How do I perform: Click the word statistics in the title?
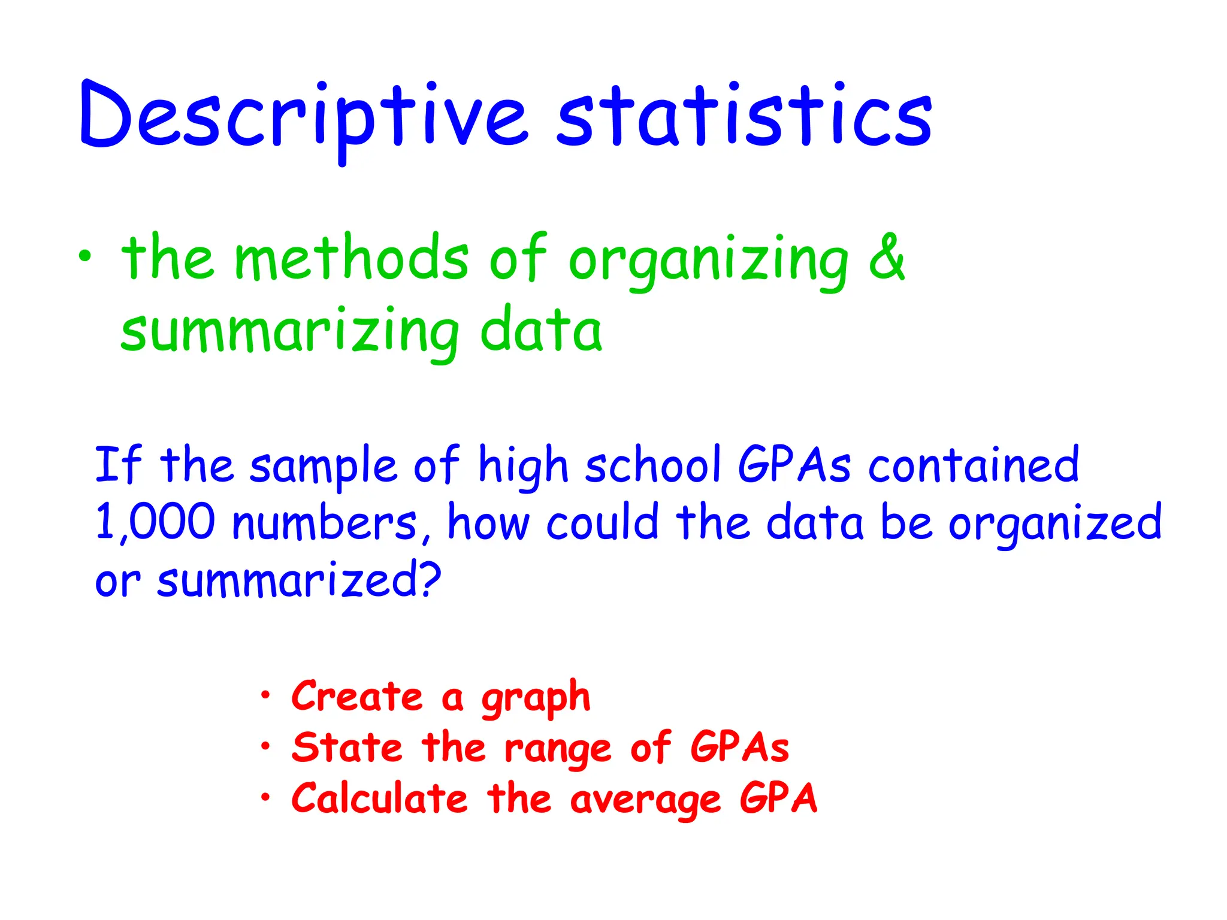pyautogui.click(x=744, y=117)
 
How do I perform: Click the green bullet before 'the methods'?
pyautogui.click(x=86, y=256)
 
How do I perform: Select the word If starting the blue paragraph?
pyautogui.click(x=118, y=464)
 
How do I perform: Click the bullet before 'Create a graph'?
pyautogui.click(x=265, y=695)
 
